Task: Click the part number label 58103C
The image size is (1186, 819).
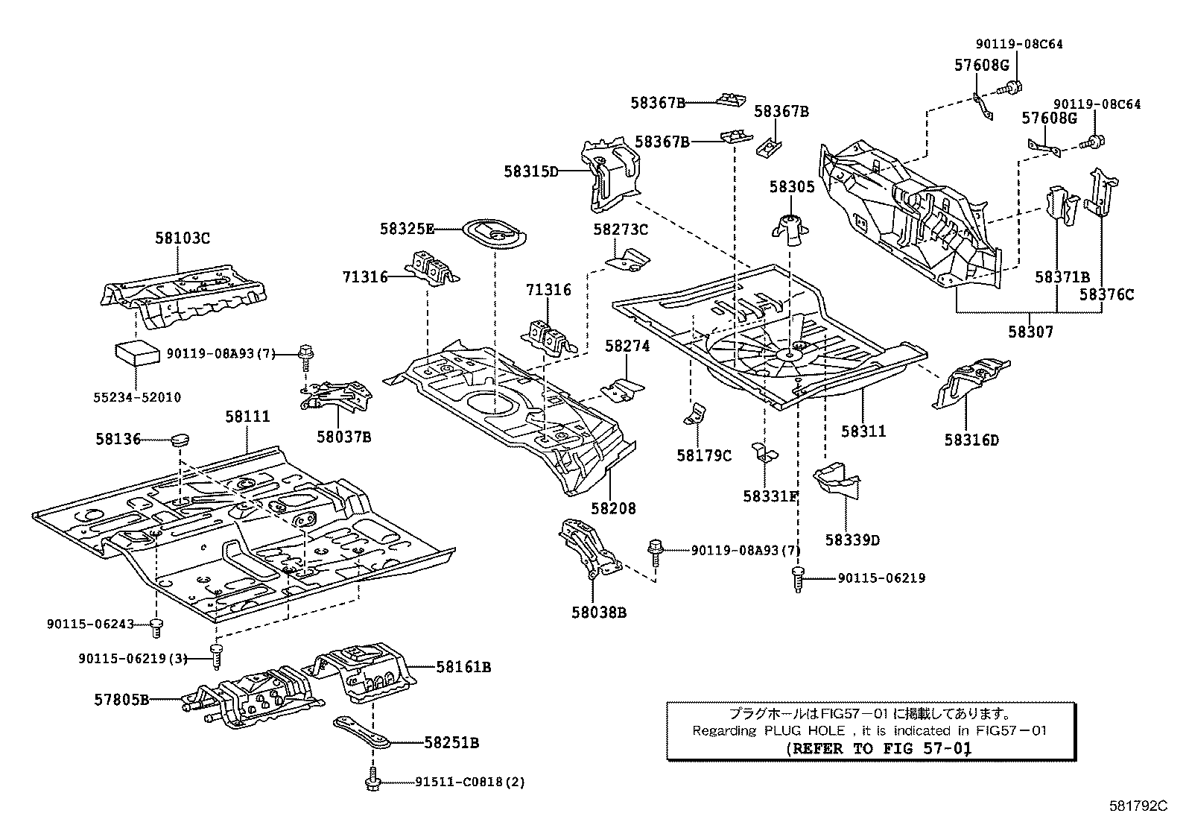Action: coord(182,238)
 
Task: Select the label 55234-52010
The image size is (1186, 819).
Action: coord(137,396)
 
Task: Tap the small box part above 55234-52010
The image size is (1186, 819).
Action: coord(137,353)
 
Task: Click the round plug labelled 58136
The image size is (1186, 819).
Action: coord(180,440)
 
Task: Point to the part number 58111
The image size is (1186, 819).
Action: coord(248,417)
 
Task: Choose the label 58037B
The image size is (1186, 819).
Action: coord(344,437)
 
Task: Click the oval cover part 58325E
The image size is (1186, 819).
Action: coord(494,233)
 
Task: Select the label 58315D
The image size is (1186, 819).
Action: coord(531,171)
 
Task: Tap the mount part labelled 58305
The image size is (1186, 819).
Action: coord(790,230)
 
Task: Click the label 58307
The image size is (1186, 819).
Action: coord(1030,332)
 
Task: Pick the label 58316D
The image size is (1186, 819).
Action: coord(971,440)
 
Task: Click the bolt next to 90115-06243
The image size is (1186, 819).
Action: coord(156,627)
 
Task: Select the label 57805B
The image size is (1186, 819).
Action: coord(121,700)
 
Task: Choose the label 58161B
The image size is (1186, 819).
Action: coord(463,667)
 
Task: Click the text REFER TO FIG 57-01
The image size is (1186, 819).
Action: coord(879,748)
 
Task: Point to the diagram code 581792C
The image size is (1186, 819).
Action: coord(1138,806)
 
